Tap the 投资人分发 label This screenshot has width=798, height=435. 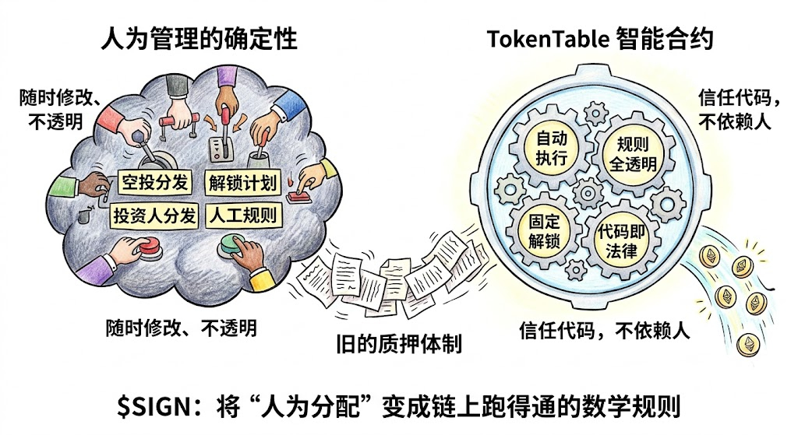[154, 216]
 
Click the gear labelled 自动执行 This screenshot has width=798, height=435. [553, 147]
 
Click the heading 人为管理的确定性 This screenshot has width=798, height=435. [199, 39]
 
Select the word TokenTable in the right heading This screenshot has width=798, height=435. [543, 39]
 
